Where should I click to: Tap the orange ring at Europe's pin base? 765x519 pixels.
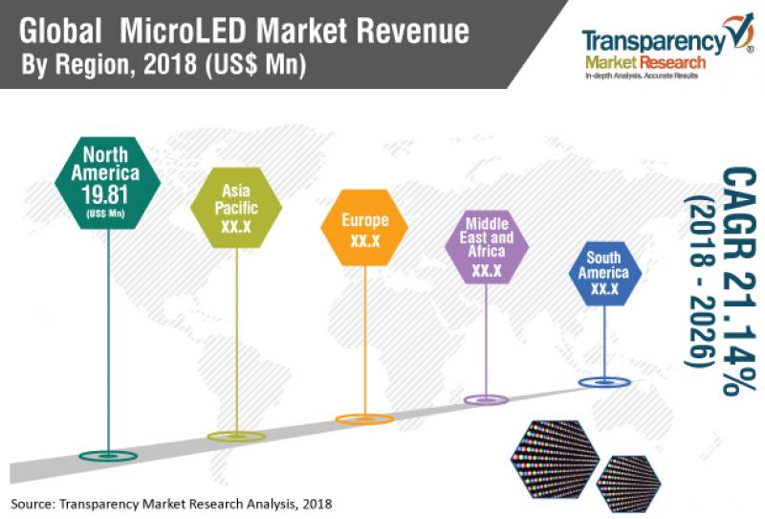click(363, 418)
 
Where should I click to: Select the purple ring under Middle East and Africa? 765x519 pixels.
click(487, 399)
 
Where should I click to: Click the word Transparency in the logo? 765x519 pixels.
click(651, 43)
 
